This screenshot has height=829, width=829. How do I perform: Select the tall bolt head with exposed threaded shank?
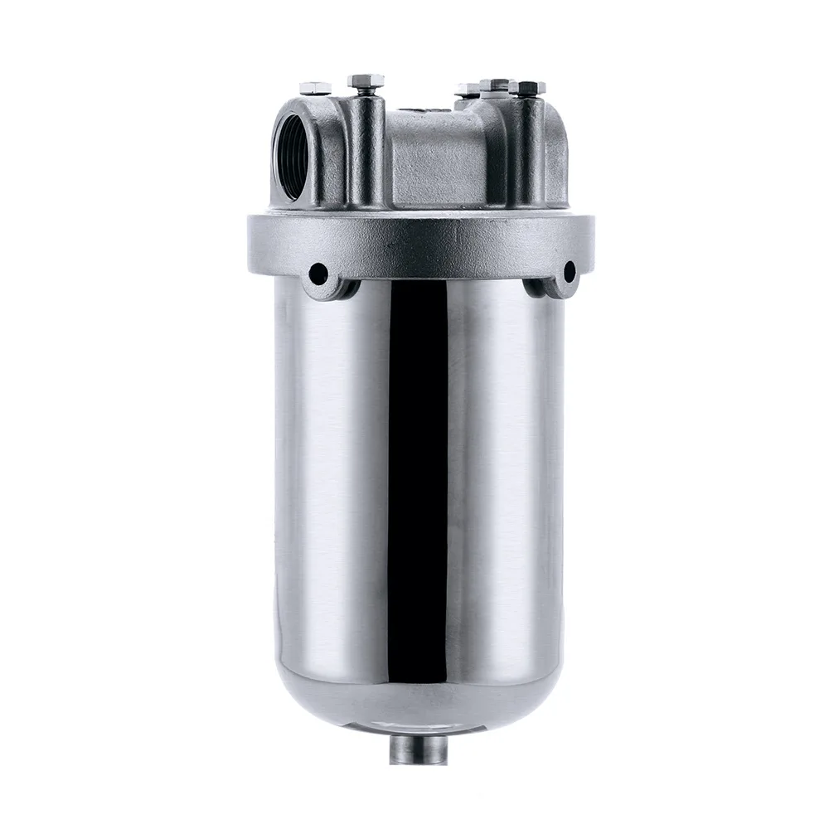pyautogui.click(x=366, y=81)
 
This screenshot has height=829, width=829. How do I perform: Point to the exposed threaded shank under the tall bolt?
pyautogui.click(x=366, y=93)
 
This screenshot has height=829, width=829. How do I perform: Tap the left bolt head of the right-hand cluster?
pyautogui.click(x=468, y=90)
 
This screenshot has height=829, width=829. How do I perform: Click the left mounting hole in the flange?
pyautogui.click(x=318, y=274)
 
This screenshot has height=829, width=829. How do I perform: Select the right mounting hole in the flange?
pyautogui.click(x=570, y=271)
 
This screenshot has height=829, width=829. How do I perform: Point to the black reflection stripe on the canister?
pyautogui.click(x=419, y=497)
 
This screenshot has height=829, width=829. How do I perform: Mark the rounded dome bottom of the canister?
pyautogui.click(x=419, y=705)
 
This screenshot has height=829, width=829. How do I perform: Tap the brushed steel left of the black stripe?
pyautogui.click(x=332, y=497)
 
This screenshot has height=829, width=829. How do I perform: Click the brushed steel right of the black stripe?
pyautogui.click(x=506, y=497)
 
